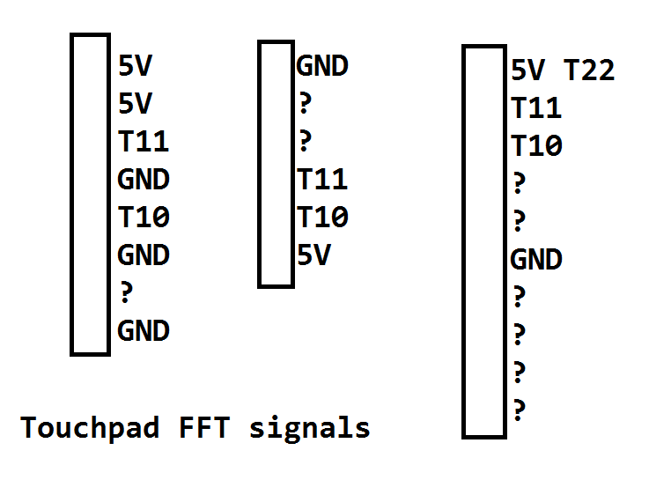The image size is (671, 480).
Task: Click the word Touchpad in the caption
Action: click(90, 428)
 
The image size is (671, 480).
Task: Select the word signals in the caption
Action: click(309, 429)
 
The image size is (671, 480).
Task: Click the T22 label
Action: click(588, 70)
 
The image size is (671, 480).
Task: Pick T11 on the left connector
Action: click(143, 141)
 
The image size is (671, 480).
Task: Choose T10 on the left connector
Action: click(143, 217)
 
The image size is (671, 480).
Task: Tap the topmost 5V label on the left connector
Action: click(135, 65)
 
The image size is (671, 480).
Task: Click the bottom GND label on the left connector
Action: click(143, 331)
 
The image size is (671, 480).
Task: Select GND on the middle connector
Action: click(322, 66)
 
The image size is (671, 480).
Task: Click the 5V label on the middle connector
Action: click(313, 255)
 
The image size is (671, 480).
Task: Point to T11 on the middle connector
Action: click(322, 180)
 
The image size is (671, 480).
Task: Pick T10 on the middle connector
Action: click(322, 218)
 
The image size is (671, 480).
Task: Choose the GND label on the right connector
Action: click(536, 260)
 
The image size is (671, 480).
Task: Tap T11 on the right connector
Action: click(536, 108)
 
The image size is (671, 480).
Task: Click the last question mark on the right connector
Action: click(519, 410)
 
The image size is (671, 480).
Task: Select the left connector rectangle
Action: click(90, 194)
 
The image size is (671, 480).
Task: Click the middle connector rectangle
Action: click(276, 164)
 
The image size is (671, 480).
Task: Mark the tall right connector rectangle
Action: click(483, 241)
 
